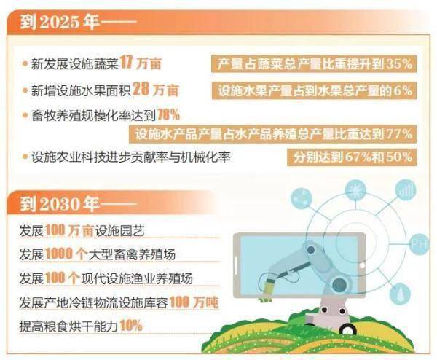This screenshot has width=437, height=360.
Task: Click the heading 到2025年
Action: click(60, 22)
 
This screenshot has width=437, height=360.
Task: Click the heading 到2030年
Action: click(60, 204)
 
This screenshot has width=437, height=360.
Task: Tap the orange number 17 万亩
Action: click(141, 63)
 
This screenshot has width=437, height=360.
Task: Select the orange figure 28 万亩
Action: click(156, 89)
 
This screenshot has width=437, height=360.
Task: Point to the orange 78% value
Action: click(169, 114)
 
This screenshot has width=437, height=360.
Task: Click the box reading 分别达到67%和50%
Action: click(352, 157)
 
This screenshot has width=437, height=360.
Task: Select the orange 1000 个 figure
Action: click(66, 254)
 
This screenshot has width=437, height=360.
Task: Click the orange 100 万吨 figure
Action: click(194, 302)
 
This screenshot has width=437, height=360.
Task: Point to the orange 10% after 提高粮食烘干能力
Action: click(131, 326)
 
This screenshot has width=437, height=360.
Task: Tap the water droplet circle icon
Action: click(400, 294)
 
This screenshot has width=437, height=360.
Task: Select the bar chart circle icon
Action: click(406, 189)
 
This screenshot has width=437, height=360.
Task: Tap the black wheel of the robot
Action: click(347, 329)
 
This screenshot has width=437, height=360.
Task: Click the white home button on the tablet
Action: click(362, 265)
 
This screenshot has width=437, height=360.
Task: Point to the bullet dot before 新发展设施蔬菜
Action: click(25, 64)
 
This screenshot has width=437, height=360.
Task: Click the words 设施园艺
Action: click(120, 230)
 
